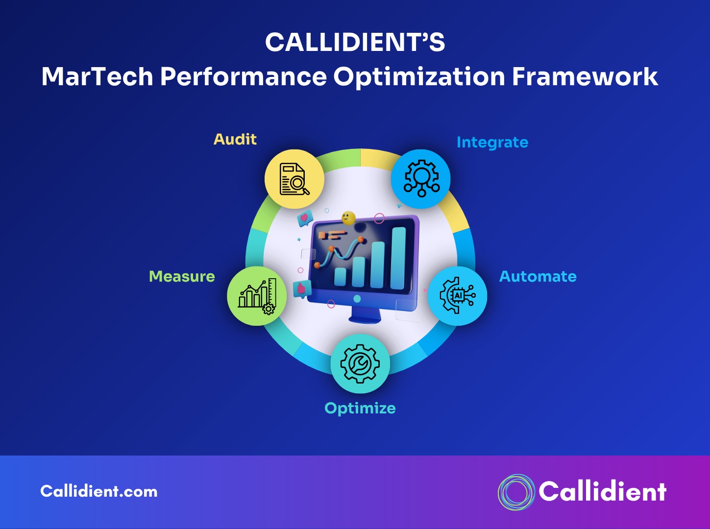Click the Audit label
point(235,140)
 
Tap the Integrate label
point(492,143)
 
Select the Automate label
point(538,277)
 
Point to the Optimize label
point(360,409)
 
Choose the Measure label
point(182,277)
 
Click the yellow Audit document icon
point(294,179)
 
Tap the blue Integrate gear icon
point(420,179)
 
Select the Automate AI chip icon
point(457,296)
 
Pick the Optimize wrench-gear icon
point(360,364)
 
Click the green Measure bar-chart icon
point(257,296)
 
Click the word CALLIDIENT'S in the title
point(355,43)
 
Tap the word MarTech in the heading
point(97,77)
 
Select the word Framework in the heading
point(585,77)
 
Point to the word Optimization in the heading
point(419,77)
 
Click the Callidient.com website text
point(99,491)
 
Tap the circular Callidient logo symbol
point(516,492)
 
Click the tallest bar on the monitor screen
point(398,258)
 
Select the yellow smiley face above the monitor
point(348,218)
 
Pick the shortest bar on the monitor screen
point(340,277)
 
